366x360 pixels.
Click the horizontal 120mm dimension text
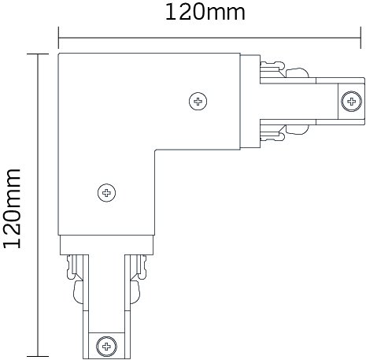point(205,13)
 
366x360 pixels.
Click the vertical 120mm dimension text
point(13,209)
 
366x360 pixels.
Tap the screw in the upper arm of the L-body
point(198,101)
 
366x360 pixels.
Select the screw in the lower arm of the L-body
point(106,193)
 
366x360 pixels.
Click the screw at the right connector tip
point(351,102)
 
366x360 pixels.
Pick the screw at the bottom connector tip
point(106,347)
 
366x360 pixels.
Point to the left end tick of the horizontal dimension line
point(58,38)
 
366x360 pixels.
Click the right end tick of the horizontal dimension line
point(361,38)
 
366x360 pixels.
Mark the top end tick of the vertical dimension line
point(38,54)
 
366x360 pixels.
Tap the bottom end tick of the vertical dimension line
point(38,356)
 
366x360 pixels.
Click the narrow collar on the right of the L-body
point(250,102)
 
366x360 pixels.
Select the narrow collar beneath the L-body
point(106,245)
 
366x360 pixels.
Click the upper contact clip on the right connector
point(285,69)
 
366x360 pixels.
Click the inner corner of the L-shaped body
point(155,150)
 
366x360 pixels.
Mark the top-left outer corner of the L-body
point(58,54)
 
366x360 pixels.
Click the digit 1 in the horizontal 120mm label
point(171,13)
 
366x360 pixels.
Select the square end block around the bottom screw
point(106,346)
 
